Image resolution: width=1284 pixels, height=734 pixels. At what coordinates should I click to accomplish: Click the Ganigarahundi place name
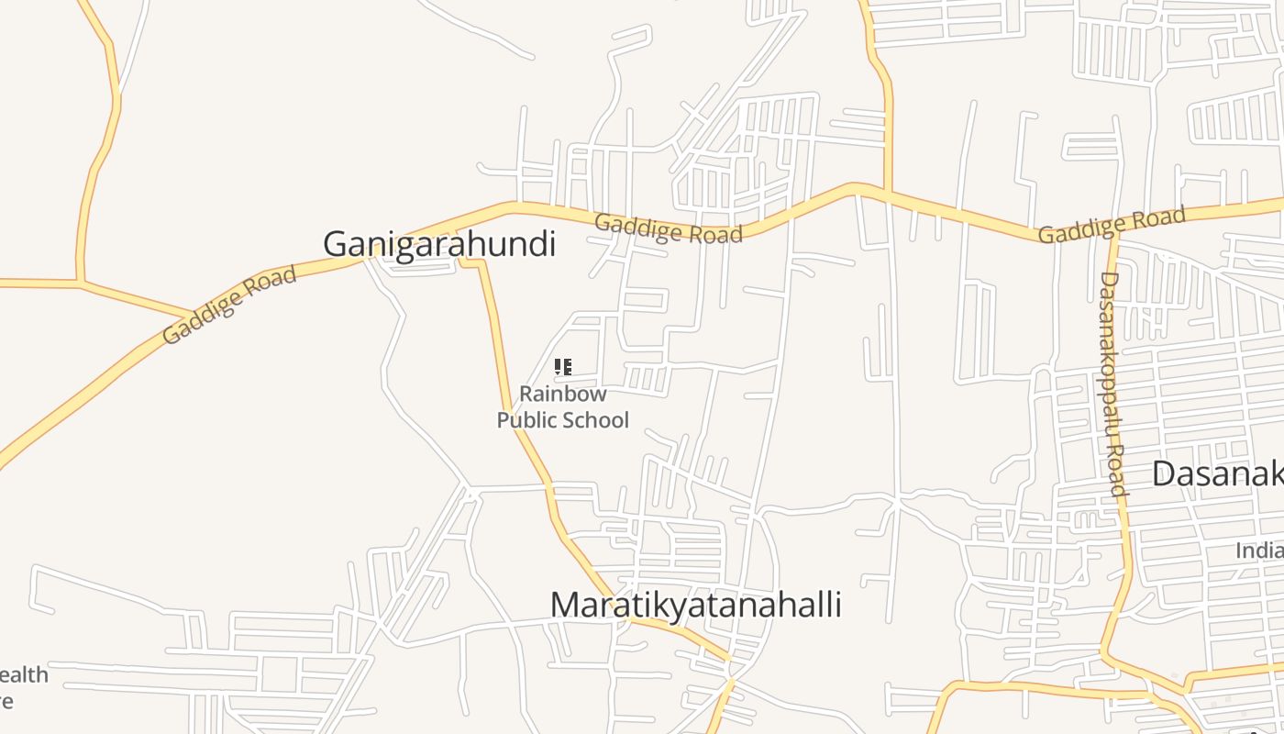click(x=439, y=244)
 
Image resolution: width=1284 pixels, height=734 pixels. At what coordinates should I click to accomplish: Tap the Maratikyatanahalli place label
click(x=695, y=606)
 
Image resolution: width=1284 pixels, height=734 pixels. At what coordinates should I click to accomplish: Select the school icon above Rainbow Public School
click(x=563, y=368)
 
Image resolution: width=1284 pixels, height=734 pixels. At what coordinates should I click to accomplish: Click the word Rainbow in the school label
click(x=563, y=394)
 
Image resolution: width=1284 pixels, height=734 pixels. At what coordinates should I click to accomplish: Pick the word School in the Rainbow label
click(x=595, y=420)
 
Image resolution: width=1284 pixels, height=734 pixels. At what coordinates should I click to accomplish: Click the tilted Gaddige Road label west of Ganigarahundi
click(x=229, y=304)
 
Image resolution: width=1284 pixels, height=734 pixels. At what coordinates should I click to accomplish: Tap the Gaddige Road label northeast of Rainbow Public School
click(x=668, y=228)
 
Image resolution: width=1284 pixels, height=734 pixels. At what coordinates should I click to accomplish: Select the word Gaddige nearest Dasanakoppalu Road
click(x=1078, y=229)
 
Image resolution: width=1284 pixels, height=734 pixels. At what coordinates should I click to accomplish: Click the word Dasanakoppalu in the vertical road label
click(x=1110, y=358)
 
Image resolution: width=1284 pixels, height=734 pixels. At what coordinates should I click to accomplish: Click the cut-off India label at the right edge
click(x=1258, y=550)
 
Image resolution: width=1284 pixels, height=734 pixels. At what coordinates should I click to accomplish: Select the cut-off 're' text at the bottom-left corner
click(x=7, y=702)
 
